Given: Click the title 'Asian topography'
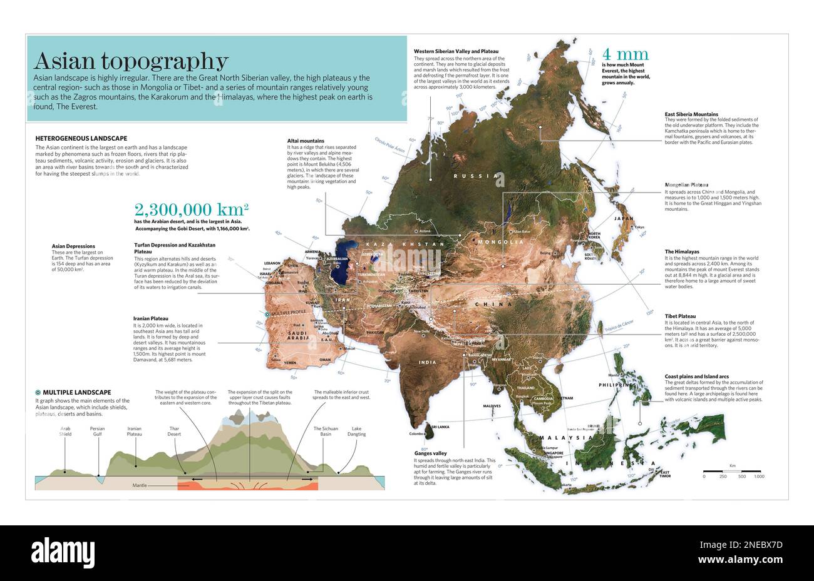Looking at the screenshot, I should point(131,61).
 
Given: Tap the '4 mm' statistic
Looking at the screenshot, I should point(625,54).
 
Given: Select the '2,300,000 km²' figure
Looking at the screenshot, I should point(191,210).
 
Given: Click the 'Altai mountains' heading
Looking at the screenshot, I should point(306,141).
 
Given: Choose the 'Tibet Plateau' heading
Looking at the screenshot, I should point(680,316).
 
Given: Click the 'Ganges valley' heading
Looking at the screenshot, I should point(430,453).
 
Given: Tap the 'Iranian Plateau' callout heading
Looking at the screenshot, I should point(150,318).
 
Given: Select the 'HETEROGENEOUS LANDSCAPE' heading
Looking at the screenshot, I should point(81,138).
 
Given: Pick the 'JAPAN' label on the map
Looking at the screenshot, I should point(624,219).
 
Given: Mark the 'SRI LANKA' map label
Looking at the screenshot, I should point(439,427).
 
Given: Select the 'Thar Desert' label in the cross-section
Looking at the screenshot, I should point(174,432).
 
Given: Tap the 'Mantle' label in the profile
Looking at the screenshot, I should point(140,485).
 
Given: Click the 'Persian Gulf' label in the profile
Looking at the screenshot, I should point(97,432).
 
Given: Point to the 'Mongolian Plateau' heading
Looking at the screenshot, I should point(686,185).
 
